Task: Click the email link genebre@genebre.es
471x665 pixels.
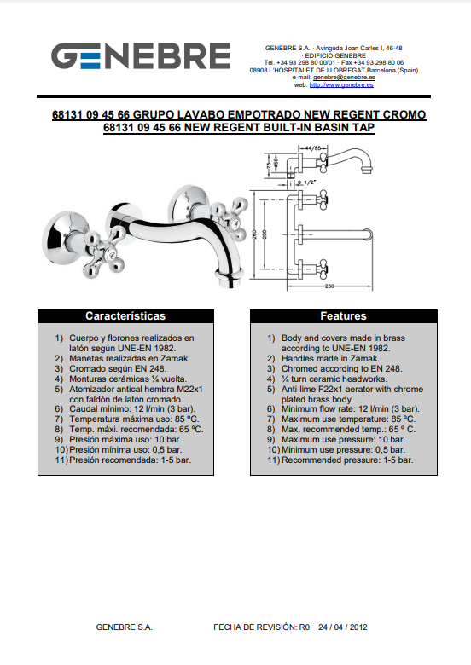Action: pos(344,78)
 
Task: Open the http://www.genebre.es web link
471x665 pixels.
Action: pos(341,84)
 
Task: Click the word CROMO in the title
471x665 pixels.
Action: pos(404,114)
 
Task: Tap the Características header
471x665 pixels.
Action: pos(125,316)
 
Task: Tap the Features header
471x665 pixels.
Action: pos(343,316)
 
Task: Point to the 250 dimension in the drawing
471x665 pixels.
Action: pos(329,286)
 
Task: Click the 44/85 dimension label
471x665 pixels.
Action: pos(313,148)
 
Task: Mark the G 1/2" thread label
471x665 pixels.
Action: pos(307,182)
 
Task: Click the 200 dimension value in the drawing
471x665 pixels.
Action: pos(265,234)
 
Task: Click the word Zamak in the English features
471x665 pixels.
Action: pos(364,358)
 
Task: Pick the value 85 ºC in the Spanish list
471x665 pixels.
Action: pos(187,419)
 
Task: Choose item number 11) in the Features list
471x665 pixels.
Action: pos(274,460)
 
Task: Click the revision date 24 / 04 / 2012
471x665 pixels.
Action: pos(343,627)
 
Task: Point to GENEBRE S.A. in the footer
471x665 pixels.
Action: pos(124,627)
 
